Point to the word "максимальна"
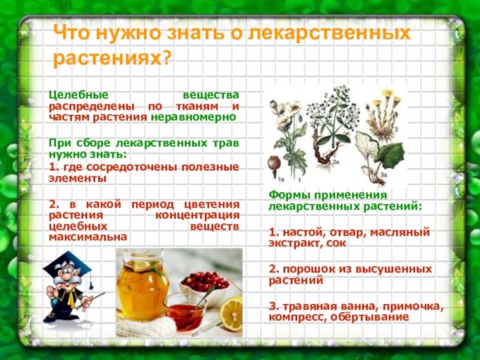coord(87,238)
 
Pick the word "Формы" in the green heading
coord(287,195)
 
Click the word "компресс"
coord(298,317)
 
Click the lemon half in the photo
coord(232,312)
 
